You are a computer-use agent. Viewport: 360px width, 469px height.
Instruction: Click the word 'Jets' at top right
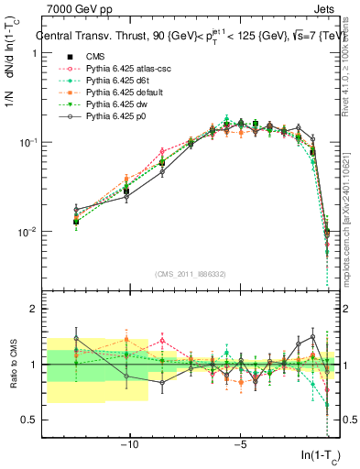pos(326,8)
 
